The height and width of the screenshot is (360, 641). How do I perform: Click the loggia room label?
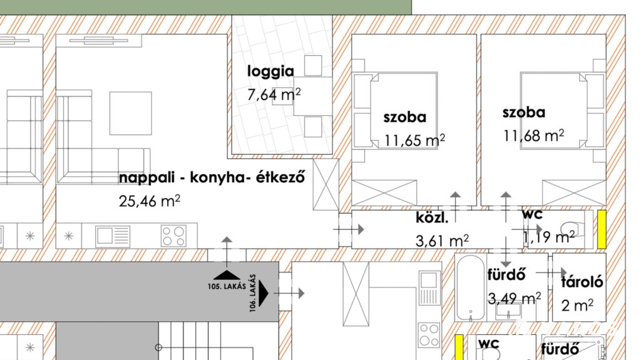270,72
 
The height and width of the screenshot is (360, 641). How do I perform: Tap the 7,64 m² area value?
274,94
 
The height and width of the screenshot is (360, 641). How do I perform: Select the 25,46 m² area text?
150,201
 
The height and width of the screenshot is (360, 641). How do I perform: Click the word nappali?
147,178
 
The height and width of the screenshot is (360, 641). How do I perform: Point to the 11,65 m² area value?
414,140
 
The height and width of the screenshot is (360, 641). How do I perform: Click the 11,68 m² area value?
533,135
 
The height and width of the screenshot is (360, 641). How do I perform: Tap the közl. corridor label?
432,217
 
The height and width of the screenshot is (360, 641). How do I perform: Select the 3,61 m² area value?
442,240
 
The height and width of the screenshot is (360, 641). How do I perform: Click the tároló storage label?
582,282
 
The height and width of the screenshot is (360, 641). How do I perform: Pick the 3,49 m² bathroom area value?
515,298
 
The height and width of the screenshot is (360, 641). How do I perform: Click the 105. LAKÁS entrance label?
227,286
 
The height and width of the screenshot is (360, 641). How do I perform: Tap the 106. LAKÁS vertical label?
253,293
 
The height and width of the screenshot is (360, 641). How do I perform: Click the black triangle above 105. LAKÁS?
227,275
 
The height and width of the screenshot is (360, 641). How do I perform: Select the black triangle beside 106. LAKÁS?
264,293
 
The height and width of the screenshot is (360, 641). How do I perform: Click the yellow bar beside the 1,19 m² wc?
602,229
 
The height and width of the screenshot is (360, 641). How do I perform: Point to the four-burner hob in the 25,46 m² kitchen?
173,236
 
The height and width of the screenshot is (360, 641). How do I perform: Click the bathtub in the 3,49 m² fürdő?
471,287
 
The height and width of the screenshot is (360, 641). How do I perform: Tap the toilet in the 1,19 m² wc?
572,229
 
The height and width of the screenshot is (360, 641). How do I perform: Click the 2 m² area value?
577,305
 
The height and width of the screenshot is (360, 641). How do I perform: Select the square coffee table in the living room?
130,113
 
